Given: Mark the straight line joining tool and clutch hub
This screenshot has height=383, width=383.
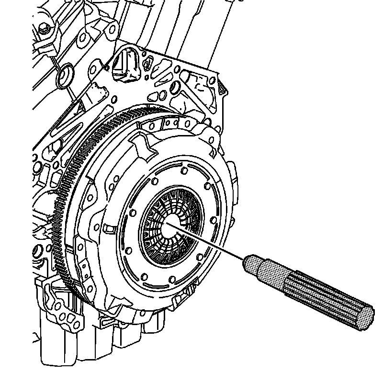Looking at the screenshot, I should tap(211, 244).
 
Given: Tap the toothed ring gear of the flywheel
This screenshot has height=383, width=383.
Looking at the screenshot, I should tap(65, 191).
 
